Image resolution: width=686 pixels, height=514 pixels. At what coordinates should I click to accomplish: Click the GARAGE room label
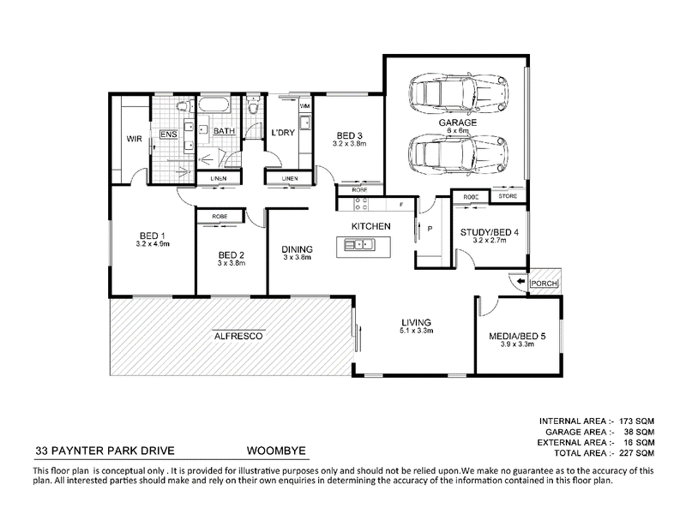point(458,123)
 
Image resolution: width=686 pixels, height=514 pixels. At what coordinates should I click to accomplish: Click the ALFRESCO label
point(238,336)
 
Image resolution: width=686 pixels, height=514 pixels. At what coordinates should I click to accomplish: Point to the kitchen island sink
point(359,244)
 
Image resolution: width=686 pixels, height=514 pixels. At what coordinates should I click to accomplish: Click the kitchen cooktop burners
point(361,204)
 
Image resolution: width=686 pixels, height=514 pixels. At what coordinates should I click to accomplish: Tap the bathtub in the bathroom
point(213,105)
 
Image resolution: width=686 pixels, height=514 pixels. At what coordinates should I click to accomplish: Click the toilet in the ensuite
point(185,105)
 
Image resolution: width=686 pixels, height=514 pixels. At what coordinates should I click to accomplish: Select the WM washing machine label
point(305,105)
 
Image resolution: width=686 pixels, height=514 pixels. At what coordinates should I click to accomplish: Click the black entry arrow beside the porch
point(521,282)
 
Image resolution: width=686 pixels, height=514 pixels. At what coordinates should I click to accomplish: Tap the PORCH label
point(544,284)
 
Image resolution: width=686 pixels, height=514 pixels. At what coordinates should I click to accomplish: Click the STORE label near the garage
point(508,196)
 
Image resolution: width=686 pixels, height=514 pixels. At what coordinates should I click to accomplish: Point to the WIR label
point(134,139)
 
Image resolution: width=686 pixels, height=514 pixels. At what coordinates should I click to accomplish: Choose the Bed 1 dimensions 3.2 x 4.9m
point(153,244)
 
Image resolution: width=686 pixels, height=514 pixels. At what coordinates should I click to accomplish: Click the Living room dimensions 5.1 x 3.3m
point(417,331)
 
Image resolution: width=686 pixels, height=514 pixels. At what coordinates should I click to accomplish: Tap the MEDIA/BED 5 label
point(517,336)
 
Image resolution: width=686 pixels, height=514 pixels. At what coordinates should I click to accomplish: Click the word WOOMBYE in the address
point(276,451)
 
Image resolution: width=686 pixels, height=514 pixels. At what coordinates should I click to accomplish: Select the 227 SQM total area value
point(636,453)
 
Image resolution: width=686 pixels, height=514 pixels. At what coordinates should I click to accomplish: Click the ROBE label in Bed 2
point(220,217)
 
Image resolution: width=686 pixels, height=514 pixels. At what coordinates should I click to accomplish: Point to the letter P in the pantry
point(430,229)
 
